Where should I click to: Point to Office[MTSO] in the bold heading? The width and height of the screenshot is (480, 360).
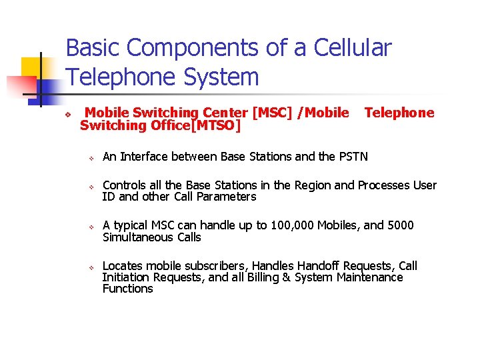[195, 125]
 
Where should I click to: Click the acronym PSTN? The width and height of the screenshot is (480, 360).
[353, 157]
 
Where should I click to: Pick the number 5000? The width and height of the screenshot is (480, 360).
[399, 225]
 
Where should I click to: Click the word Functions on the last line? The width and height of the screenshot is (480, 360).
[127, 289]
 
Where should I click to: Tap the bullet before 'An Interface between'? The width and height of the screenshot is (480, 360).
[93, 157]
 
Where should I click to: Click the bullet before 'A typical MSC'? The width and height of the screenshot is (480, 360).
[93, 226]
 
